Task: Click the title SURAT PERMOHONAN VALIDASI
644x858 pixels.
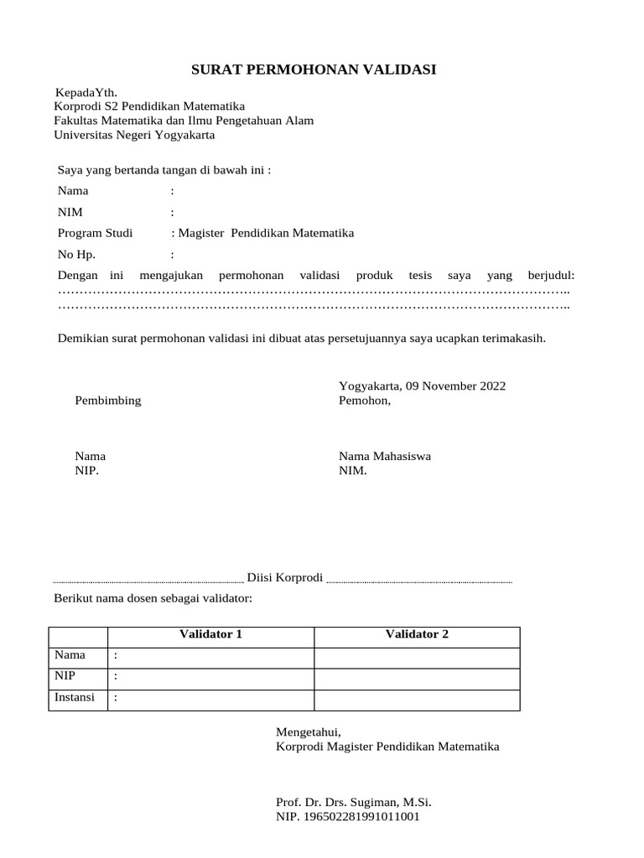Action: point(314,69)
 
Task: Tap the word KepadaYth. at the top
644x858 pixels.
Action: point(86,92)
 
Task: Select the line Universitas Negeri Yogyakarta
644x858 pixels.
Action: point(134,134)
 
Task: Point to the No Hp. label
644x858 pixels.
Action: point(77,255)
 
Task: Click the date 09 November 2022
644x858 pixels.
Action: point(455,386)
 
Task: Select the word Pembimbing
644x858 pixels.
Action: point(108,401)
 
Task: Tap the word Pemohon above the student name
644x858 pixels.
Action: point(364,401)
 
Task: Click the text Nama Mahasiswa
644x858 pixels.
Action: point(385,457)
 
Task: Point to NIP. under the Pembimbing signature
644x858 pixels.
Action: point(87,471)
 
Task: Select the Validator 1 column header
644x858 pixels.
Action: point(211,634)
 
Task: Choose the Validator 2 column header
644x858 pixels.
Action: point(417,634)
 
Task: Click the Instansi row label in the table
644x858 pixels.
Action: point(75,697)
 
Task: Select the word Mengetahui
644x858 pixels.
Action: point(309,732)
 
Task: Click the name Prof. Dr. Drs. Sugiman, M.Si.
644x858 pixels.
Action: point(354,802)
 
